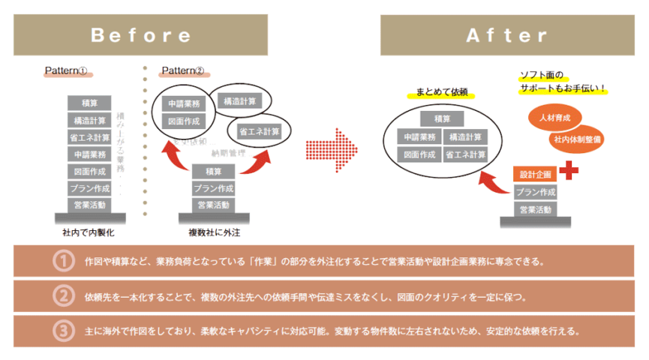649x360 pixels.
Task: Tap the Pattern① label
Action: [x=67, y=71]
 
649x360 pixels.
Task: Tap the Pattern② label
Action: [x=182, y=71]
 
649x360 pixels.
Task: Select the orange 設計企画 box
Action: [x=534, y=174]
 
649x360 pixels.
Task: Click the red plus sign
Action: [x=569, y=170]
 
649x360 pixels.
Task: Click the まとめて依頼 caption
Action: [x=442, y=93]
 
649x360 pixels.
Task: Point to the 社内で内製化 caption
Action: [x=89, y=232]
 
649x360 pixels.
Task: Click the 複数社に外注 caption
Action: [x=213, y=232]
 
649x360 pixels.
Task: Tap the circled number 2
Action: [x=63, y=295]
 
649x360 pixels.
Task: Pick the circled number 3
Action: [x=63, y=330]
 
